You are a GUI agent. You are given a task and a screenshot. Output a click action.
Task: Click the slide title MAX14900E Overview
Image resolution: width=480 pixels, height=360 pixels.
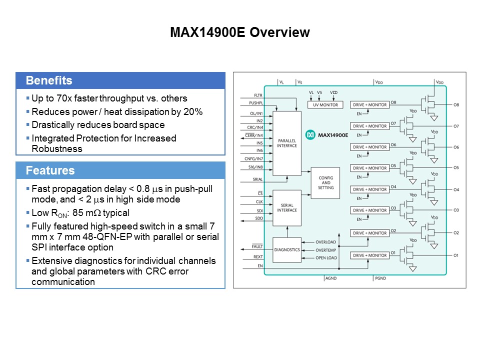click(239, 33)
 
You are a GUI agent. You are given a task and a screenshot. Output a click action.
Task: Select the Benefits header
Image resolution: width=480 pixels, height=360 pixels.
click(49, 81)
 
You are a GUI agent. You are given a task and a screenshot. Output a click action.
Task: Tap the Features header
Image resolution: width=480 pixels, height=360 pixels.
click(50, 170)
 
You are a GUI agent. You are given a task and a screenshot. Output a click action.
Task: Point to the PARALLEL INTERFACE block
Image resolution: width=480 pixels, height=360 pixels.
click(287, 143)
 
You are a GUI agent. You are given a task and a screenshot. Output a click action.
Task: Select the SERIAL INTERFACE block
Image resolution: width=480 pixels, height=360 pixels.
click(287, 207)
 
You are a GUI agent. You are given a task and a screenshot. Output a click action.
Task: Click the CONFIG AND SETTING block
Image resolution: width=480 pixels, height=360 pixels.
click(325, 182)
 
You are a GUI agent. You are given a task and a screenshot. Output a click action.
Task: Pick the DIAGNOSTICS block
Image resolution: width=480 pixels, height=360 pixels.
click(287, 249)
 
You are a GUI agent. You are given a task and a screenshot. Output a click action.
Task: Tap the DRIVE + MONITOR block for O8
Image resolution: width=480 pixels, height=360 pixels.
click(370, 105)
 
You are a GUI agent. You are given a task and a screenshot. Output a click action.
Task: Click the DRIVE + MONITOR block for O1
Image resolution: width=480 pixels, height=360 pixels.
click(370, 255)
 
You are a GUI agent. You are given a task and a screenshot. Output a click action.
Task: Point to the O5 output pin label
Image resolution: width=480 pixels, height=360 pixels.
click(455, 167)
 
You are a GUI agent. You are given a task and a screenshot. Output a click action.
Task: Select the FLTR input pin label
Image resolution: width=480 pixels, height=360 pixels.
click(258, 94)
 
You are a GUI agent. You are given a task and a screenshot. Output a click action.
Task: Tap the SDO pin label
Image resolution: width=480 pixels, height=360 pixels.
click(259, 218)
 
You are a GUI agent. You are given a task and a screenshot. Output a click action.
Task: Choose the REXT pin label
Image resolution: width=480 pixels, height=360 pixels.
click(258, 257)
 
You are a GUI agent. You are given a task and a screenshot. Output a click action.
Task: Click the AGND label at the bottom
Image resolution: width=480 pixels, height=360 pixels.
click(331, 277)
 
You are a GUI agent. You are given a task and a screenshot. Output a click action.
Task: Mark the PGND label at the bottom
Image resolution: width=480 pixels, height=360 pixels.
click(380, 277)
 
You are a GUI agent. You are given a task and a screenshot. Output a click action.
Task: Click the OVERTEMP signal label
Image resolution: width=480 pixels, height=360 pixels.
click(326, 250)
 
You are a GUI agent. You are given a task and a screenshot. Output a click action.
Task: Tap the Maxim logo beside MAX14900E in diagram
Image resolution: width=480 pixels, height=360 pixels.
click(310, 135)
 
